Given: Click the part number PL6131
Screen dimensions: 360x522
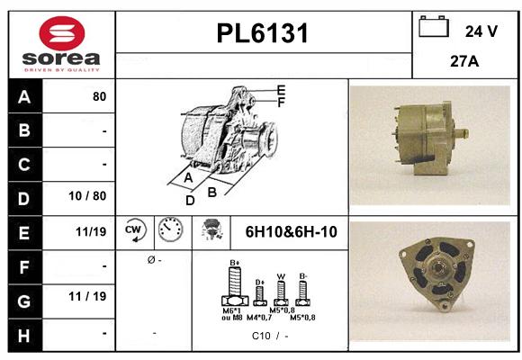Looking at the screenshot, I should (x=263, y=34).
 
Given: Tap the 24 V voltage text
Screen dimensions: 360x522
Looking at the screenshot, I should (x=481, y=31).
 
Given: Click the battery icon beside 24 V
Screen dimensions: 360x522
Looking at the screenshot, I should (x=435, y=30).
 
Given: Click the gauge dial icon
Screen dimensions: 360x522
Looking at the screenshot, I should (x=169, y=231).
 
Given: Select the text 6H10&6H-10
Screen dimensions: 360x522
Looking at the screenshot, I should (x=291, y=232).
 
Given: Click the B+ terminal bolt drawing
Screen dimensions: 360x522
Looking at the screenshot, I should (x=235, y=289).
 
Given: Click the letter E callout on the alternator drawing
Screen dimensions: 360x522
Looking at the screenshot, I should (x=281, y=90).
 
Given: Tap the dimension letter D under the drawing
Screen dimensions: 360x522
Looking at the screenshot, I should (x=190, y=201).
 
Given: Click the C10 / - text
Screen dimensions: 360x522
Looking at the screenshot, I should (x=270, y=336).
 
